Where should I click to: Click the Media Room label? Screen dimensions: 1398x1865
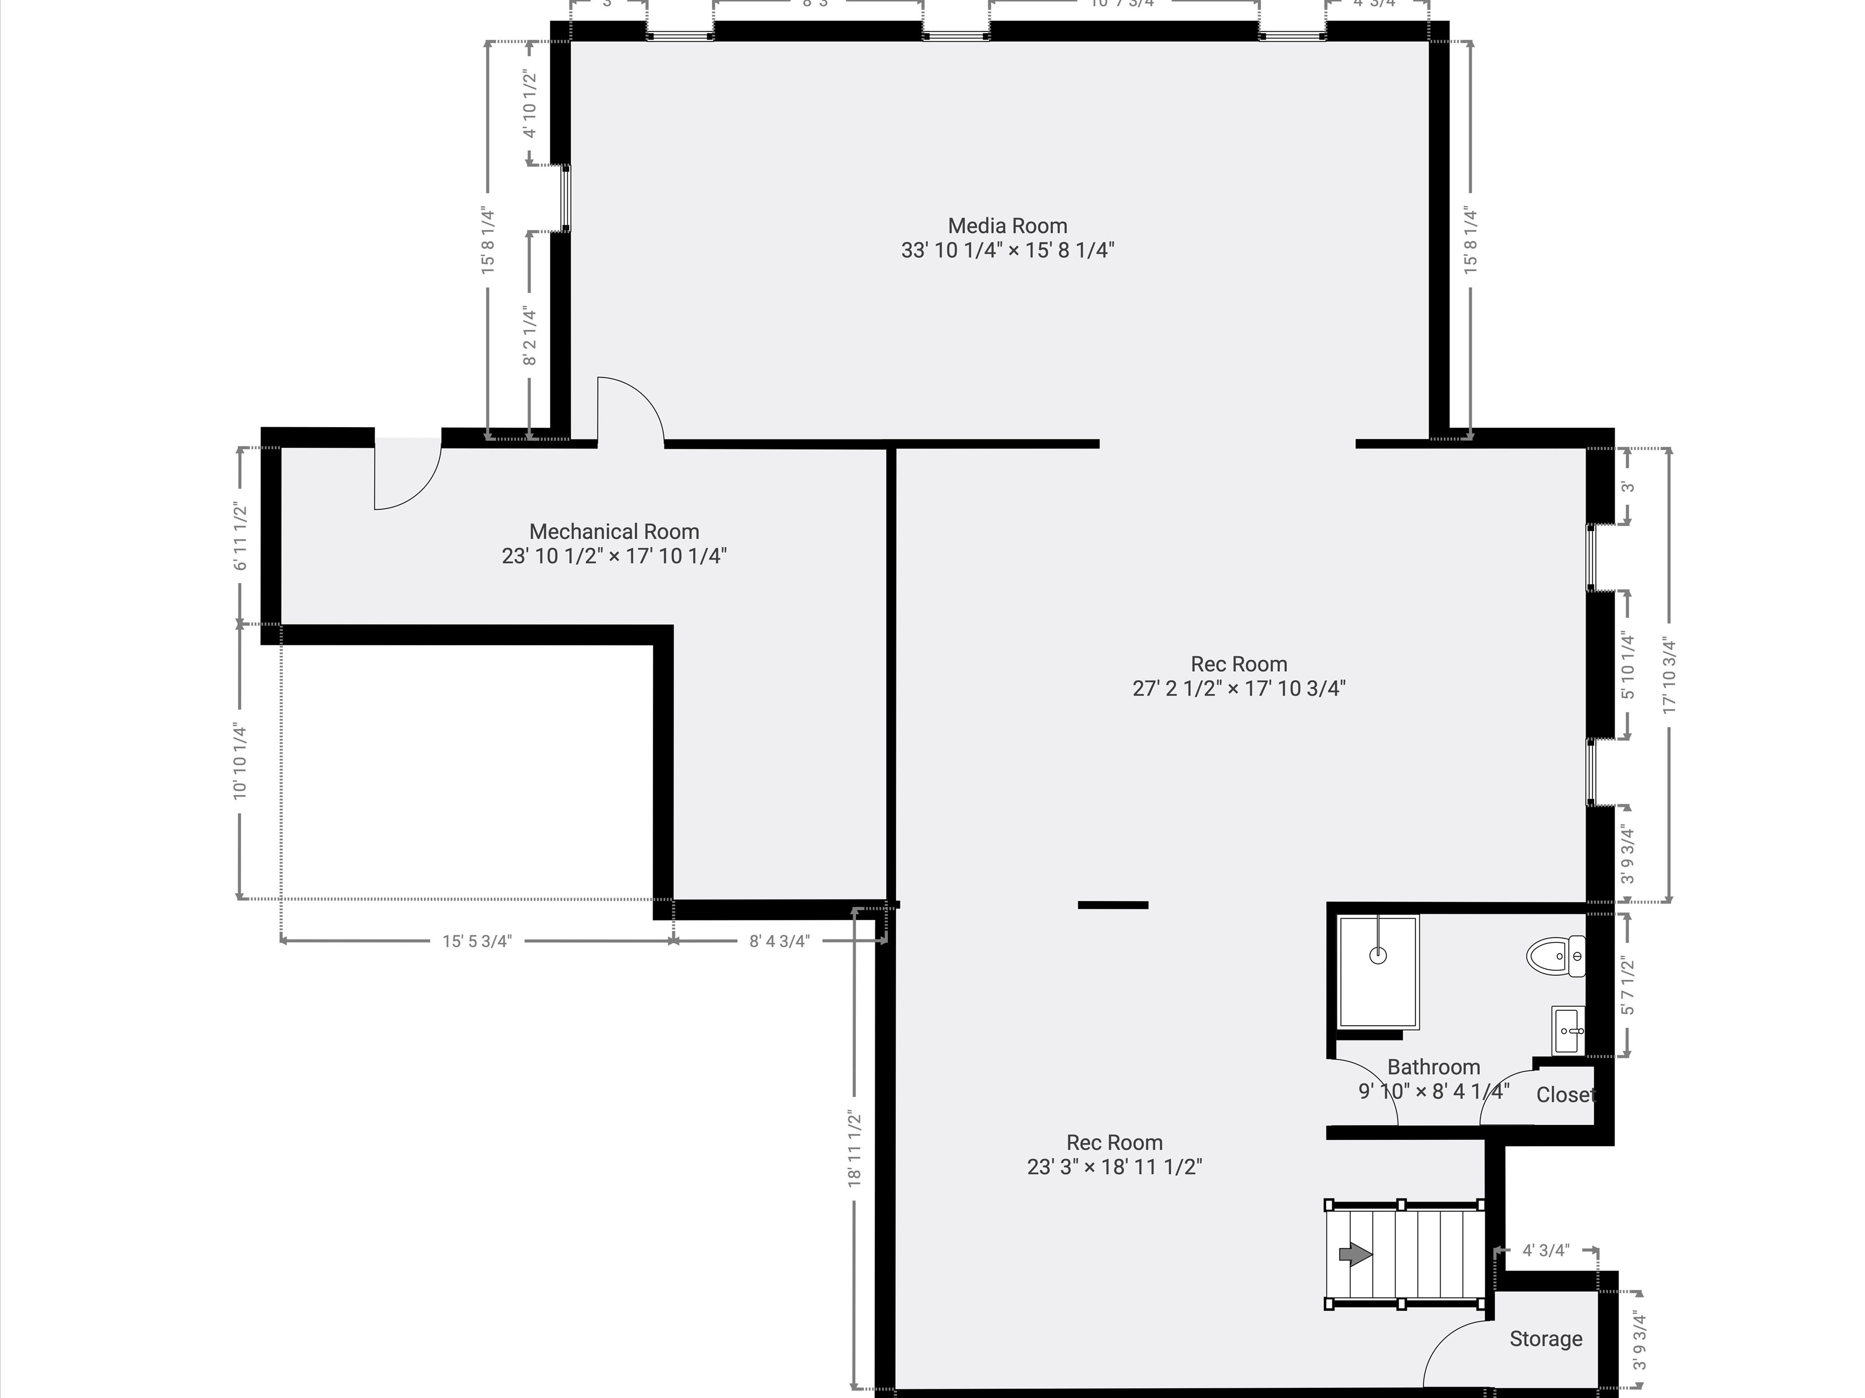(1007, 226)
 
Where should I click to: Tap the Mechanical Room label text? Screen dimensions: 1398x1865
(614, 532)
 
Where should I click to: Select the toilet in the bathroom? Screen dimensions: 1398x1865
(1555, 957)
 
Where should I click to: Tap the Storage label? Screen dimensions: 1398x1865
(1546, 1339)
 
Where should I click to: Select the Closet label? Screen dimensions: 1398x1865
(1566, 1095)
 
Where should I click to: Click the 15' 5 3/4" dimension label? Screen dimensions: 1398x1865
(477, 941)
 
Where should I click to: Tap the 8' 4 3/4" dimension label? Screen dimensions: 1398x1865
(779, 941)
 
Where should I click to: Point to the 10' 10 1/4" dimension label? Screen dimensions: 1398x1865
(241, 761)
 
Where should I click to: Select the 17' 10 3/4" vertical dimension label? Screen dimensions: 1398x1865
(1670, 676)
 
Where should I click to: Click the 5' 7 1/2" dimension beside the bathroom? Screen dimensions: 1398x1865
(1627, 985)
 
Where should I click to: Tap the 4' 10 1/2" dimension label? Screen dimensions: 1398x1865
(530, 103)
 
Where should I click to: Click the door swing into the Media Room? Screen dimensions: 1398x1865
(633, 404)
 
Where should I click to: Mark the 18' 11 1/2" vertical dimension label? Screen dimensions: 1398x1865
(854, 1148)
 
